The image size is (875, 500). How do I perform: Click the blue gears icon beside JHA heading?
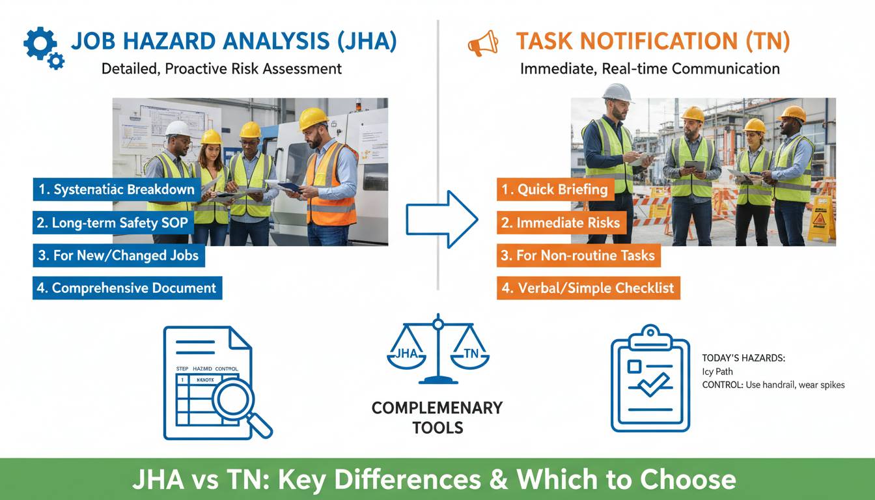pyautogui.click(x=44, y=48)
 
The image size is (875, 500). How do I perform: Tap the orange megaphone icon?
pyautogui.click(x=482, y=44)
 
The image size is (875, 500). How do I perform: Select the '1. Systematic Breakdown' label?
pyautogui.click(x=117, y=189)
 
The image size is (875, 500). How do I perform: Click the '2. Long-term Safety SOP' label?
pyautogui.click(x=112, y=223)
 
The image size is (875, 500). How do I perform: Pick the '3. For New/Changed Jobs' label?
pyautogui.click(x=118, y=255)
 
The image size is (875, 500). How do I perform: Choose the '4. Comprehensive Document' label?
pyautogui.click(x=127, y=288)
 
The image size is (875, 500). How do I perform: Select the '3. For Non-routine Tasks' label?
pyautogui.click(x=578, y=255)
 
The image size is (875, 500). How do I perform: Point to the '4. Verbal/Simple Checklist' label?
pyautogui.click(x=588, y=288)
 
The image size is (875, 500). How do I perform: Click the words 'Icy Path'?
pyautogui.click(x=717, y=372)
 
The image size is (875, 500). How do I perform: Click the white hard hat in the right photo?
pyautogui.click(x=617, y=92)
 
